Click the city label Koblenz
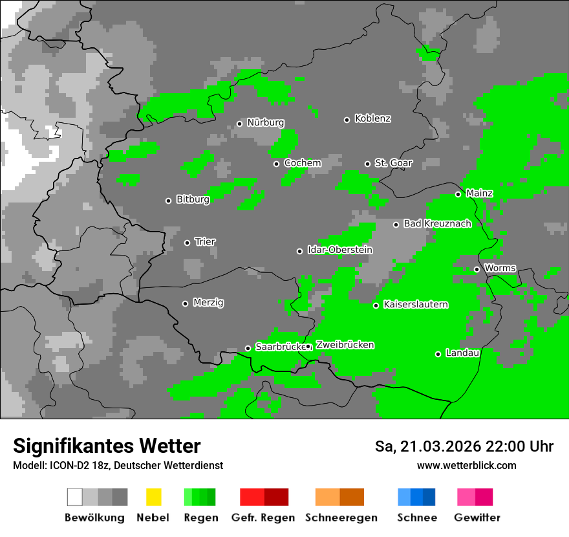point(372,119)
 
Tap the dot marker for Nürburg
point(239,124)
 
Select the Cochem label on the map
point(302,163)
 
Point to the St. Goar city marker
point(367,164)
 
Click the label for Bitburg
point(193,200)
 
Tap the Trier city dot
point(187,243)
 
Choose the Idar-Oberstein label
point(339,250)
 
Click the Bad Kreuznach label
point(437,224)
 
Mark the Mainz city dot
point(458,194)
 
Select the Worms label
point(500,268)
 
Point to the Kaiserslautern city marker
point(376,305)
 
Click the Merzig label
point(208,303)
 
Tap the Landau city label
point(462,353)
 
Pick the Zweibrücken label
point(345,345)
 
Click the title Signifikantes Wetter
point(107,446)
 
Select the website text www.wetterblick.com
point(466,466)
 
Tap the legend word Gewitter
point(477,518)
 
